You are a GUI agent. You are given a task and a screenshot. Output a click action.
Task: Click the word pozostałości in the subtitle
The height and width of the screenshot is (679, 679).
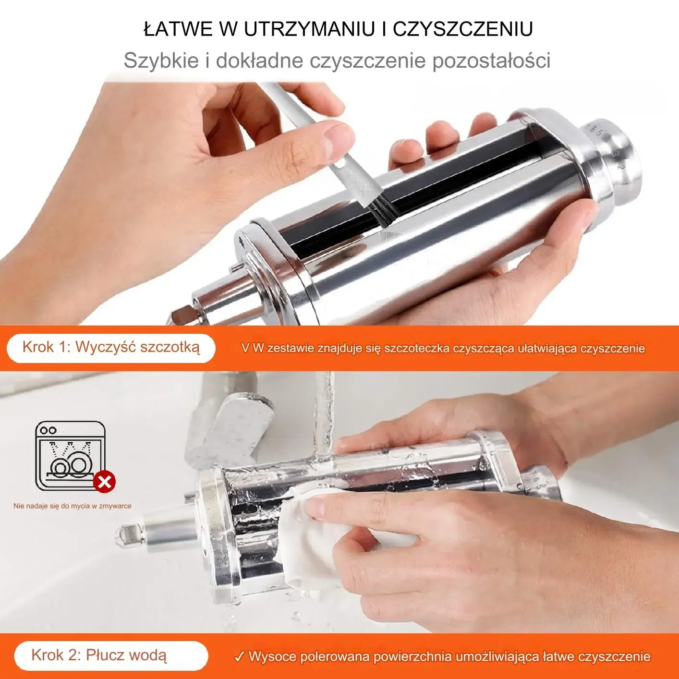[x=491, y=61]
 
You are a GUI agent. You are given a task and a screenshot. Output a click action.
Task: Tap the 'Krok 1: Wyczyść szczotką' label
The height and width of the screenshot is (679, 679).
[x=111, y=348]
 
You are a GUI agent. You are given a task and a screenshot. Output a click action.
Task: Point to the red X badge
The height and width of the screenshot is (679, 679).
[x=105, y=481]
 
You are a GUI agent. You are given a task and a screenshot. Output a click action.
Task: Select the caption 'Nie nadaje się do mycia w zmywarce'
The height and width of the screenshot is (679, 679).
[x=73, y=506]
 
